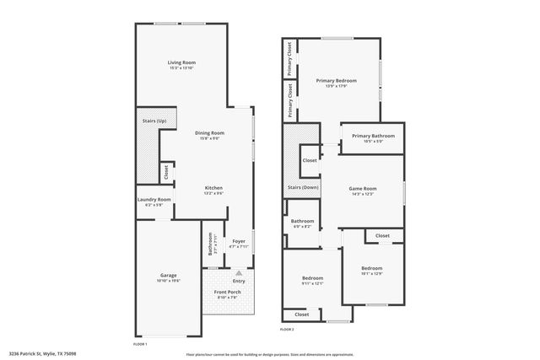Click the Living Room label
point(181,62)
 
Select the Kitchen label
point(213,188)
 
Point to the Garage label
point(169,275)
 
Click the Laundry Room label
point(154,200)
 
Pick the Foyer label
point(239,240)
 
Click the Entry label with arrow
point(239,279)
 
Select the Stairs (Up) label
point(154,121)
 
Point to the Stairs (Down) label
point(303,187)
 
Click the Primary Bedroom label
point(336,81)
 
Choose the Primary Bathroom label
point(373,136)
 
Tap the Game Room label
point(363,188)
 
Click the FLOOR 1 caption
point(141,344)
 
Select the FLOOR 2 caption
point(286,329)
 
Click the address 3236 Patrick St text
point(42,353)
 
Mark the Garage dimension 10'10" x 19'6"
point(169,280)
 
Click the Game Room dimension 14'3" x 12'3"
point(363,194)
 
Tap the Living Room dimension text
point(181,67)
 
